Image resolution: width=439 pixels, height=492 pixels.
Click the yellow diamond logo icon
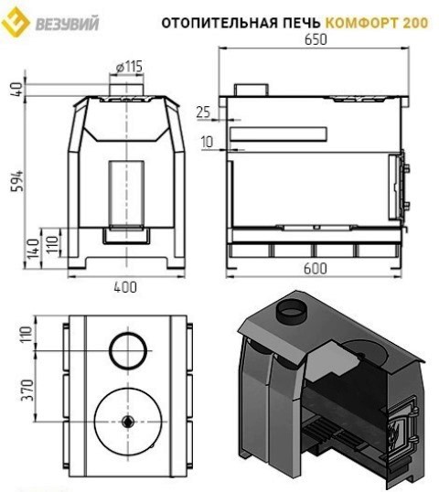[x=15, y=23]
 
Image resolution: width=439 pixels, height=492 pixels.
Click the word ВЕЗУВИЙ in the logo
[x=67, y=23]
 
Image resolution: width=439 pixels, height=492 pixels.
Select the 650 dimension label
[x=316, y=39]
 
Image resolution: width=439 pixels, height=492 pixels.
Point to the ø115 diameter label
[x=129, y=67]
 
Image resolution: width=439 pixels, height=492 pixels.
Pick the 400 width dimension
[x=125, y=287]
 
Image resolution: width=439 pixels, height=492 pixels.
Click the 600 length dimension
[x=316, y=268]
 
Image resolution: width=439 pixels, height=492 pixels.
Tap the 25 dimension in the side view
[x=203, y=112]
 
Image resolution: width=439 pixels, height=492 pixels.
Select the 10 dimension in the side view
[x=207, y=142]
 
